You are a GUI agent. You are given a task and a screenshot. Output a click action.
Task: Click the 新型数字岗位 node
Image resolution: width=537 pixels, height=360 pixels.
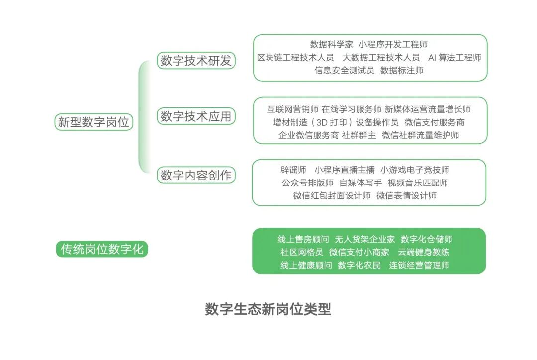click(93, 122)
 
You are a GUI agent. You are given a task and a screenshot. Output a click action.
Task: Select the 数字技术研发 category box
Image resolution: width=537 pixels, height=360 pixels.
click(196, 61)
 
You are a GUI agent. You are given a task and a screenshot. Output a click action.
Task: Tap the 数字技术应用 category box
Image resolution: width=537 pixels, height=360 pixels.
click(196, 116)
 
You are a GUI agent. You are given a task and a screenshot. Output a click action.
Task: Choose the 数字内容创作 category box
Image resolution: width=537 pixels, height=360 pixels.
click(196, 175)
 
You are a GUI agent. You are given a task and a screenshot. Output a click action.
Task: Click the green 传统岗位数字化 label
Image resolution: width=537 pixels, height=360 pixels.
click(102, 249)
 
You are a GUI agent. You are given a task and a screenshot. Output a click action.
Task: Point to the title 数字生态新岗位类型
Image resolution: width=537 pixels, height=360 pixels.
click(268, 309)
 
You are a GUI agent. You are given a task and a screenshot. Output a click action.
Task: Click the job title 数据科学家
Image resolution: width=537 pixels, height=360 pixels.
click(332, 45)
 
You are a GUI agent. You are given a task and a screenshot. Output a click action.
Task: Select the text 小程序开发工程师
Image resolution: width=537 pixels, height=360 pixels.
click(393, 45)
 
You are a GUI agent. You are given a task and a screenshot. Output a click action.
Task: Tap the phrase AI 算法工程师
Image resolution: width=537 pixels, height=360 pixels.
click(454, 58)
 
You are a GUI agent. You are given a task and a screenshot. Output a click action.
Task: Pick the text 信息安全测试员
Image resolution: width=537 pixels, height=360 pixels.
click(344, 71)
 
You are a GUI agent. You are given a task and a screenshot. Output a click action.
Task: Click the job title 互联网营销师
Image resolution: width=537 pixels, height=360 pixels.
click(292, 109)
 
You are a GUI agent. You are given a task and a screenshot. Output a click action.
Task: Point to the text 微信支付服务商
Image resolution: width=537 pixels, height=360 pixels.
click(435, 122)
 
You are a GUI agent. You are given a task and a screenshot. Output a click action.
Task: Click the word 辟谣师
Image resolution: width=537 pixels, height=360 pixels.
click(293, 170)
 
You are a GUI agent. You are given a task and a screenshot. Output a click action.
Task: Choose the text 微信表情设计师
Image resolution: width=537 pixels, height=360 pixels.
click(406, 196)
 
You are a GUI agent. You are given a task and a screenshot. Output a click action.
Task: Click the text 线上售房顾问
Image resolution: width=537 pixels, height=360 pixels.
click(303, 240)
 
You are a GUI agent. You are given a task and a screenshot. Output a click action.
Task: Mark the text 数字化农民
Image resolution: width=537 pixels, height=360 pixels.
click(359, 266)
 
